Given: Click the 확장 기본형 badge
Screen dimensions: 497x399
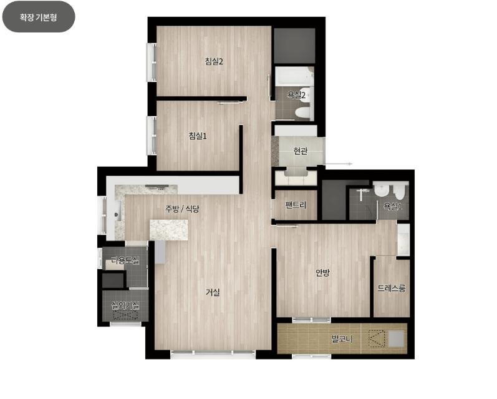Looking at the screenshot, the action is coord(39,16).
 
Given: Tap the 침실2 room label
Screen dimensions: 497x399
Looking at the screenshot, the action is coord(214,61).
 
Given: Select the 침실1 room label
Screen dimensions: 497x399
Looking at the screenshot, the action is coord(198,136).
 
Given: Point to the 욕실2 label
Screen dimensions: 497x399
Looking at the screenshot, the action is coord(296,94).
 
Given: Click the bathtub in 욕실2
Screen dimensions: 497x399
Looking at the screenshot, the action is coord(294,76).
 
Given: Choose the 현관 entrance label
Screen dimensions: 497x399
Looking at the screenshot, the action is coord(300,150).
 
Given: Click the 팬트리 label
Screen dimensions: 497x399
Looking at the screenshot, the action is coord(296,205).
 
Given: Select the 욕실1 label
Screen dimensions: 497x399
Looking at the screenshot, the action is coord(392,206).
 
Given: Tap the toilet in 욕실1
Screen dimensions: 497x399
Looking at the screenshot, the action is coord(399,192).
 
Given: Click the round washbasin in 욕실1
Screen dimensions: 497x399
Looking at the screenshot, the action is coord(381,190).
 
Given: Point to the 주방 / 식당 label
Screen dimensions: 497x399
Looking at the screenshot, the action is coord(182,209).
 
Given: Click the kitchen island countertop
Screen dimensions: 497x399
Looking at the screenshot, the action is coord(168,230).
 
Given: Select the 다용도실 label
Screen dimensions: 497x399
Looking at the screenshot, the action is coord(125,260).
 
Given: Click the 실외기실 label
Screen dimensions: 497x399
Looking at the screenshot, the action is coord(125,305).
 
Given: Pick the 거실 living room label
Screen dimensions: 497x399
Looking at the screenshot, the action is coord(213,292).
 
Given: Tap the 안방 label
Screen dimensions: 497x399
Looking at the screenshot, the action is coord(322,272).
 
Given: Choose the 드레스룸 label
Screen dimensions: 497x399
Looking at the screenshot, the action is coord(392,288).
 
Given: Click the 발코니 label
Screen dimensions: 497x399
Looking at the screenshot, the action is coord(342,339).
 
